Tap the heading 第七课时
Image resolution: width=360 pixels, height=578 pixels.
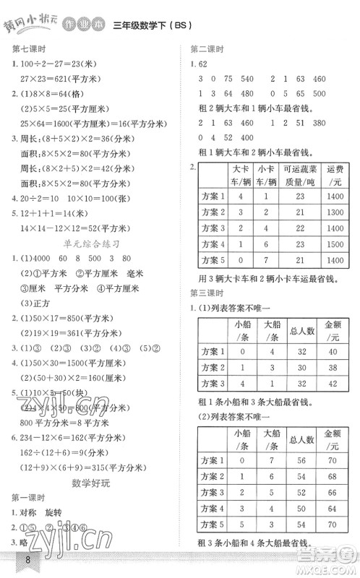tap(28, 49)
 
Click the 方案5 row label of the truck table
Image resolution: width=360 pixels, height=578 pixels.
tap(213, 261)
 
